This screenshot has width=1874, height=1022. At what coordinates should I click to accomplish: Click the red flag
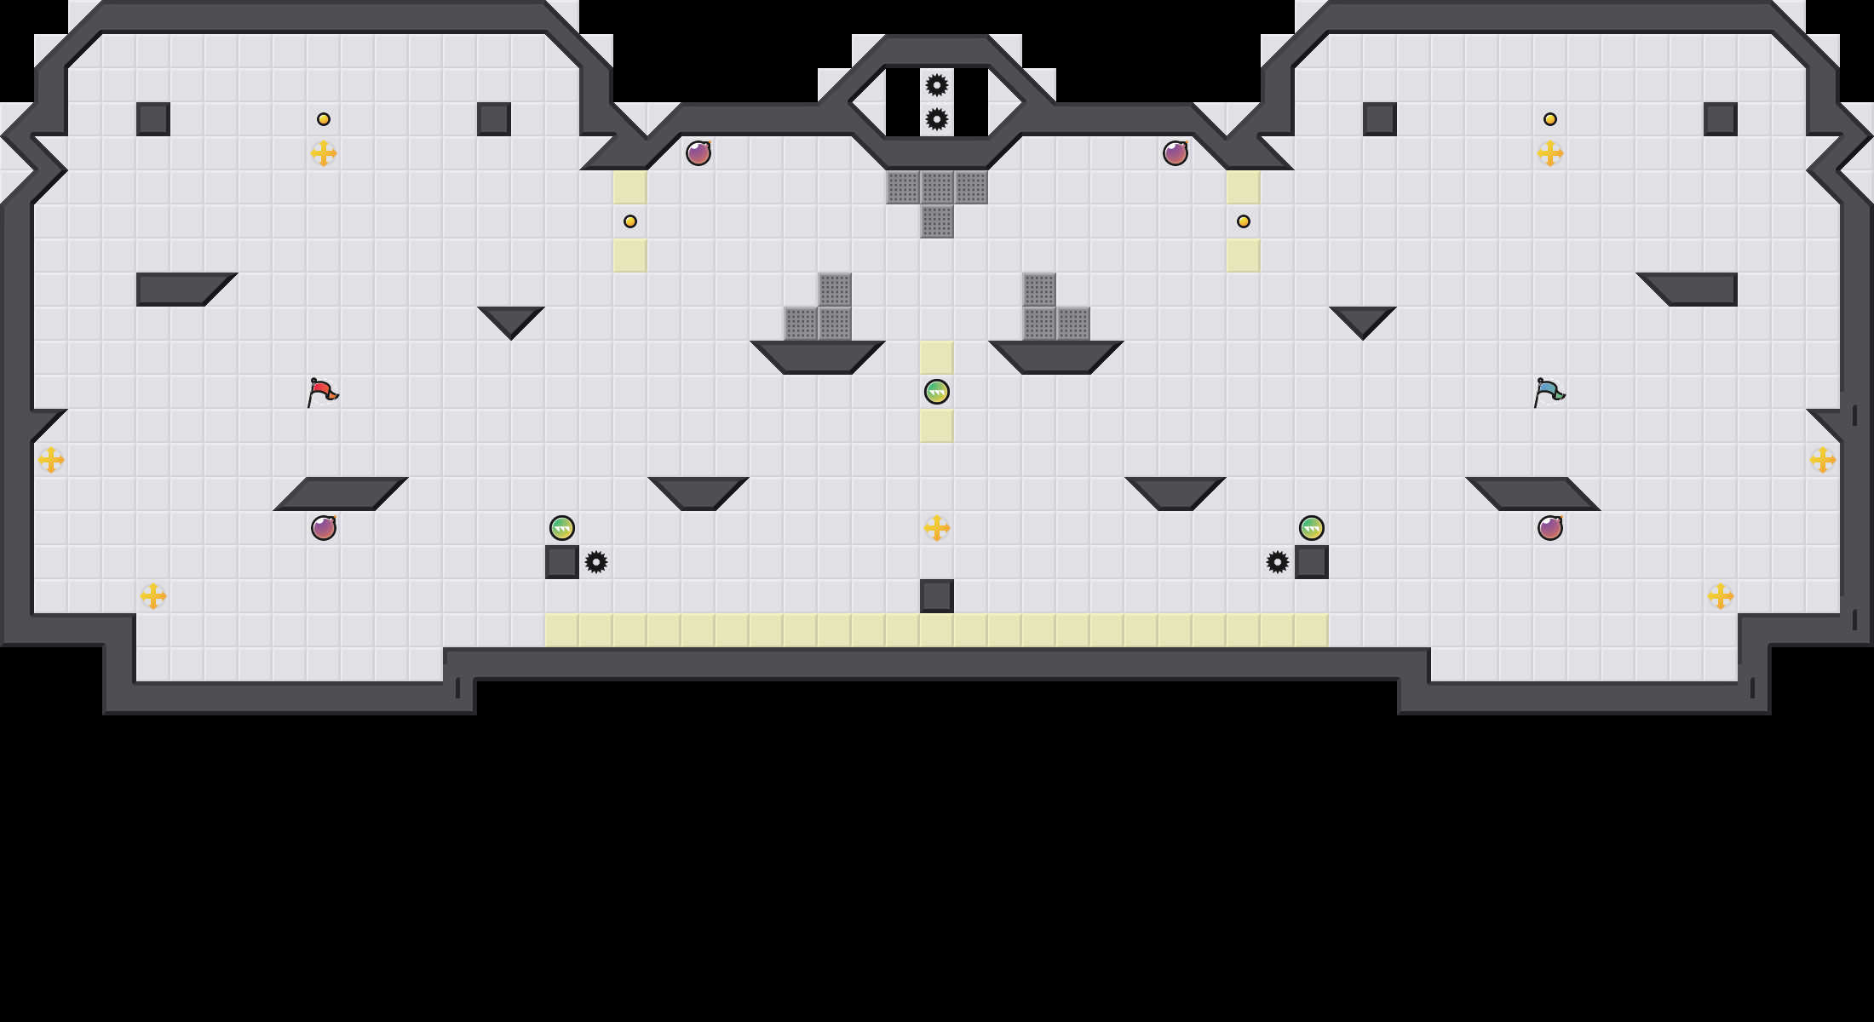coord(322,392)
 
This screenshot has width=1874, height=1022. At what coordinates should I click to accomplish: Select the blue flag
coord(1549,392)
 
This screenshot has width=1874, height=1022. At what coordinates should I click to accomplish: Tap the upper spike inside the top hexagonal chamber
coord(937,85)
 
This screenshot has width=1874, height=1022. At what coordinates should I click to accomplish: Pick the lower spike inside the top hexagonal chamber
coord(937,119)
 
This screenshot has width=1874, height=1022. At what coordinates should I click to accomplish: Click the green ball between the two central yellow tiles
coord(937,392)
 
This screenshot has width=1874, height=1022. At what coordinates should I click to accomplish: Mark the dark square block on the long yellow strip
coord(937,596)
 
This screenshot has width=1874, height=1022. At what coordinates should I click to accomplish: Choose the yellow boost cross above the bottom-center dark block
coord(937,528)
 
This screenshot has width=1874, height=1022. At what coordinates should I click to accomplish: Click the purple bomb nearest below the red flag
coord(324,528)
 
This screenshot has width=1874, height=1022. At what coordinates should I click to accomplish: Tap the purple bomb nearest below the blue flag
coord(1550,528)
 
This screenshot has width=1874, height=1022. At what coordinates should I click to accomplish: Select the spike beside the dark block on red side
coord(596,562)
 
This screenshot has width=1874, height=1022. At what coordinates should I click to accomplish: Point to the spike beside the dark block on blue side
coord(1278,562)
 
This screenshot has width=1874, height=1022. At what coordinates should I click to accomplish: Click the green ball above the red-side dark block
coord(562,528)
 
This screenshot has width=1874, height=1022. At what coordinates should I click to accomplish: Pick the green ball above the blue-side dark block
coord(1312,528)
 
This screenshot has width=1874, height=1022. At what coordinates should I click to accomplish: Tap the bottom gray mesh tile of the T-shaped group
coord(937,221)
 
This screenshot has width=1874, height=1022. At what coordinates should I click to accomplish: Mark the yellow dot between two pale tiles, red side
coord(630,221)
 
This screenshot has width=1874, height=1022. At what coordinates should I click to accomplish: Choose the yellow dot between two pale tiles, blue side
coord(1244,221)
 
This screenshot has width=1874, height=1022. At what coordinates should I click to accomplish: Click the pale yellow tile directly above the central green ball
coord(937,358)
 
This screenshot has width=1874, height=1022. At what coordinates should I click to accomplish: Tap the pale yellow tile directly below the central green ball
coord(937,426)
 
